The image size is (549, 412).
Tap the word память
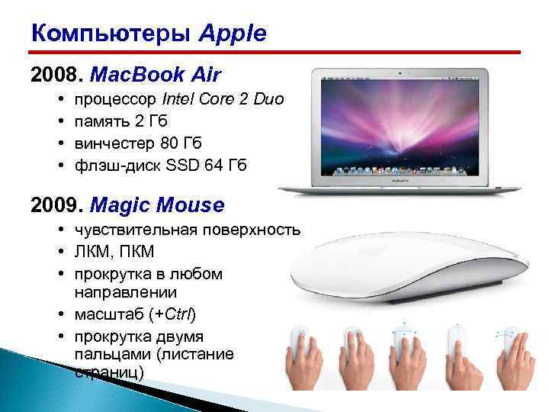(102, 121)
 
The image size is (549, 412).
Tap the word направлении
(126, 292)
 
